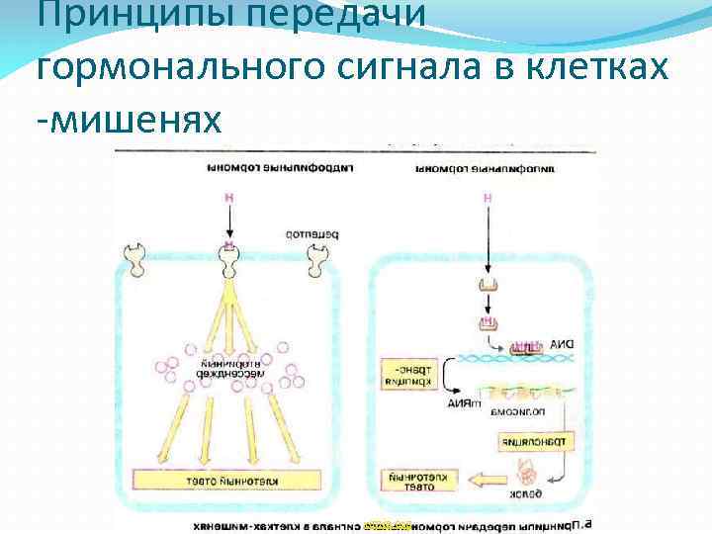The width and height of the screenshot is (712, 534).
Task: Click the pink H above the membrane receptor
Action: pyautogui.click(x=229, y=199)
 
